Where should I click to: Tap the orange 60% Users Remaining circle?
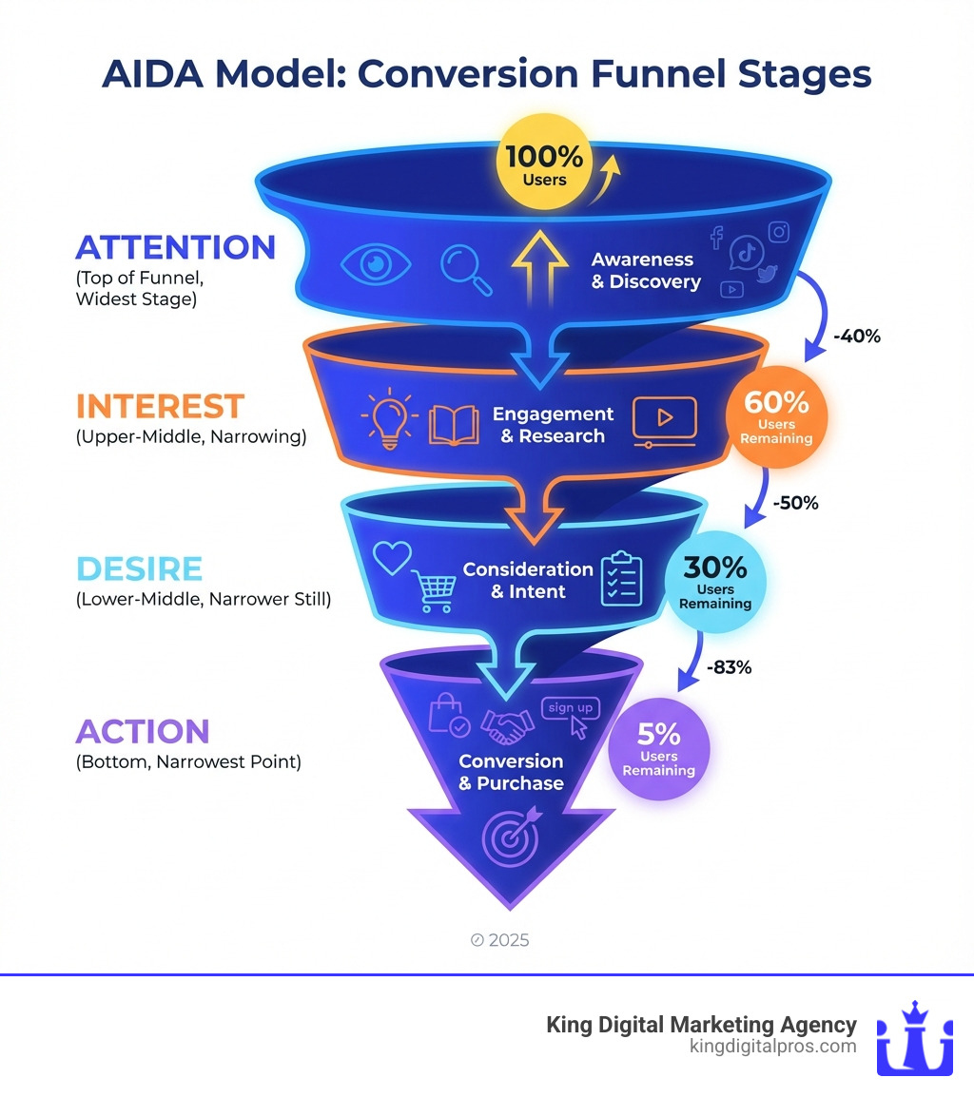777,419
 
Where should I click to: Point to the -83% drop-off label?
729,667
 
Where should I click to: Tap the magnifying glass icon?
466,270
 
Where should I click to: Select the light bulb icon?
391,421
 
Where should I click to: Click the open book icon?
454,425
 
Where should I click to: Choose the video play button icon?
664,419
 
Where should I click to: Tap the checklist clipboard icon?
622,578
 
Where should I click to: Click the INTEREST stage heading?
160,407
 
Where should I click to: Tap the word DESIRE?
139,568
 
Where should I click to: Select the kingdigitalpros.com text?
771,1047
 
